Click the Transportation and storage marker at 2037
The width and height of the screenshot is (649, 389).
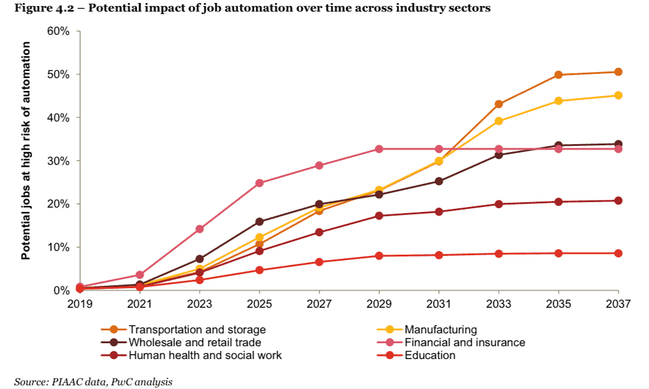pyautogui.click(x=618, y=72)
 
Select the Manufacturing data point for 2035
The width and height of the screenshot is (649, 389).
pyautogui.click(x=558, y=101)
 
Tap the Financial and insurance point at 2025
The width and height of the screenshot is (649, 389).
pyautogui.click(x=259, y=183)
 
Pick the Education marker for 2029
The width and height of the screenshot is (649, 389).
pyautogui.click(x=379, y=256)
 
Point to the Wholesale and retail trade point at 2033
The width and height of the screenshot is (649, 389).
pyautogui.click(x=498, y=155)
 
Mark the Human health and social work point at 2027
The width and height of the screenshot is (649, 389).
pyautogui.click(x=319, y=232)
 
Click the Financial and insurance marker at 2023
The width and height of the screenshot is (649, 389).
pyautogui.click(x=200, y=229)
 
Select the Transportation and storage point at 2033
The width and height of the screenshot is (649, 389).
pyautogui.click(x=498, y=104)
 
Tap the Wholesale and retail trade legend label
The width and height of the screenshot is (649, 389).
pyautogui.click(x=195, y=343)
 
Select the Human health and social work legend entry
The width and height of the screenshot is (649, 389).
pyautogui.click(x=205, y=355)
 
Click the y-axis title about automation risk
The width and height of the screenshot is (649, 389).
pyautogui.click(x=26, y=160)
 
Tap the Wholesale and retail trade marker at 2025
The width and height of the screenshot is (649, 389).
pyautogui.click(x=259, y=222)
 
